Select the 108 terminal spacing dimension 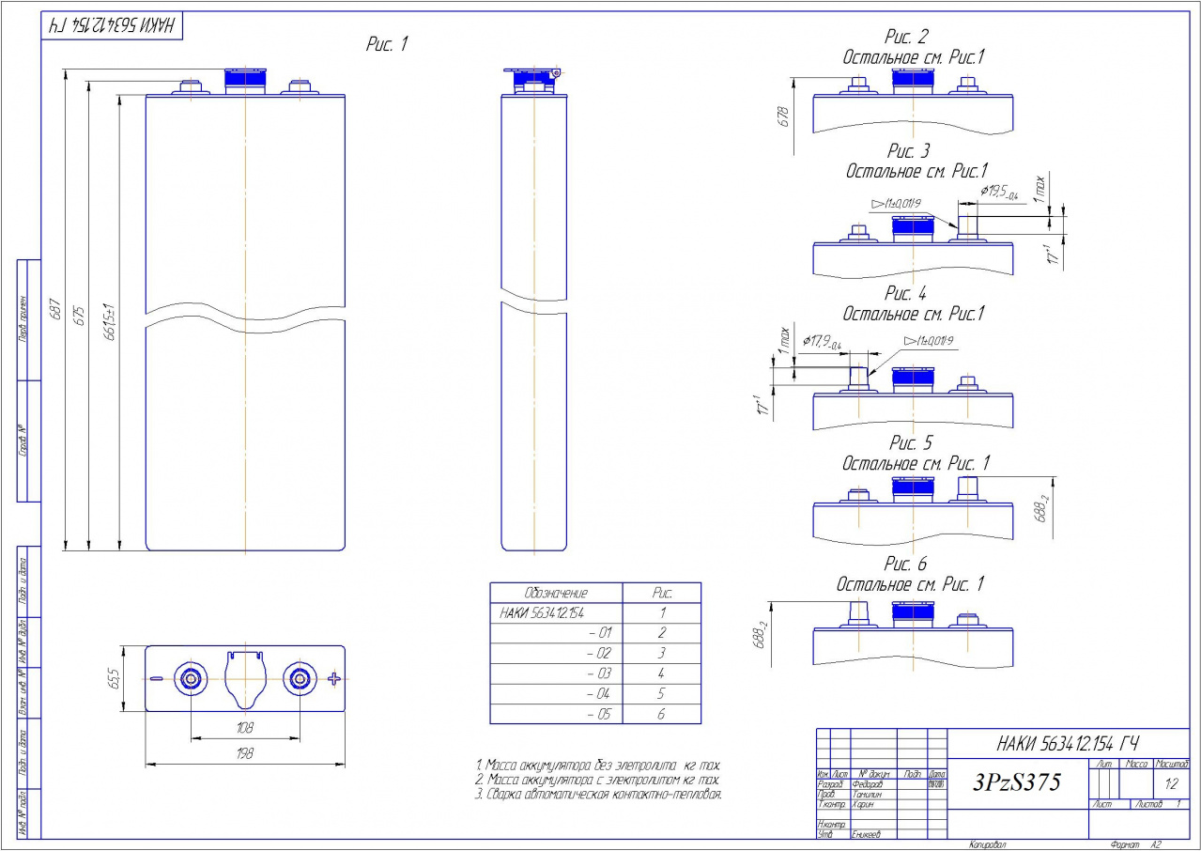tap(244, 728)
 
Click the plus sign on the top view tap(332, 678)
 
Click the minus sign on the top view tap(157, 678)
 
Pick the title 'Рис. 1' tap(387, 44)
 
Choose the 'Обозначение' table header tap(556, 594)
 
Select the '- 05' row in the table tap(597, 715)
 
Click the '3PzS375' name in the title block tap(1017, 781)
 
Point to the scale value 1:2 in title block tap(1170, 782)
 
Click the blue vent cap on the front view tap(244, 81)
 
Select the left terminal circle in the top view tap(191, 678)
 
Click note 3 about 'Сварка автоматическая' tap(599, 795)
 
